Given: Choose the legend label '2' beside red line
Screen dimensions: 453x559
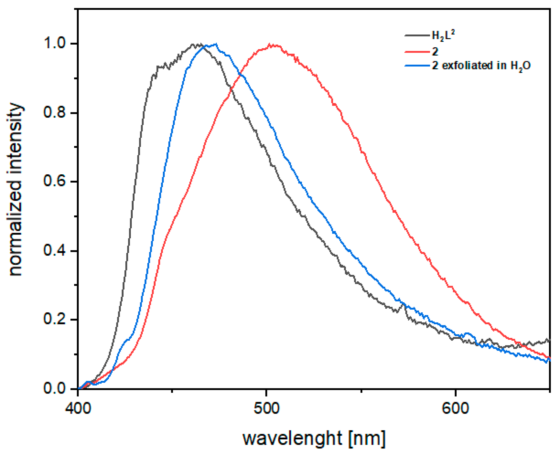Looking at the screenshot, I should point(435,52).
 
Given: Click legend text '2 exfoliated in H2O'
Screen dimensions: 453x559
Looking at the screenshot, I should point(481,66).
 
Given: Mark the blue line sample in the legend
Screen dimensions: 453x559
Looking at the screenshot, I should point(417,66).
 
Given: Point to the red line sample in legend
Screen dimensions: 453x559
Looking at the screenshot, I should point(417,52).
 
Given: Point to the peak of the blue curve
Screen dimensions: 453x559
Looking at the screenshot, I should point(216,44).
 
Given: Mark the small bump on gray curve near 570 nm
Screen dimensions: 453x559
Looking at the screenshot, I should point(403,304).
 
